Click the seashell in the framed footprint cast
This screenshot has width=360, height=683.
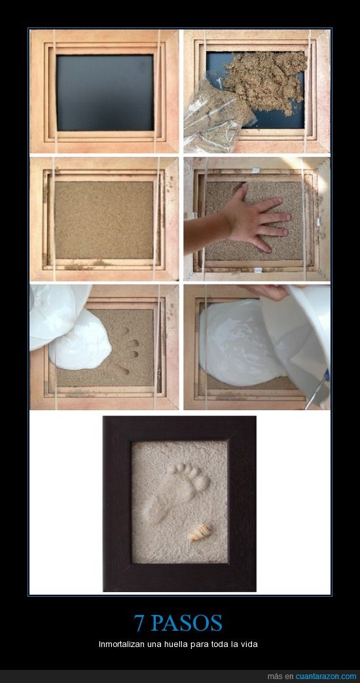pos(200,533)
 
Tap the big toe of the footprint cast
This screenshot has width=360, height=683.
pos(202,483)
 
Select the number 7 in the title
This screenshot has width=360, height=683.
pos(139,623)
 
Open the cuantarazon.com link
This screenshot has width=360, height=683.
pos(325,676)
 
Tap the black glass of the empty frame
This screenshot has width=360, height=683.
pos(105,92)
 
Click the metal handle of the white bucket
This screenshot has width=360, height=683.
pos(317,391)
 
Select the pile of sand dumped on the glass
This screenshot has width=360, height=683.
pos(266,78)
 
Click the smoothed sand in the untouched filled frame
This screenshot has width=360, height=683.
pos(103,220)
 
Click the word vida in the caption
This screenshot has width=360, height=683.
pos(250,644)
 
